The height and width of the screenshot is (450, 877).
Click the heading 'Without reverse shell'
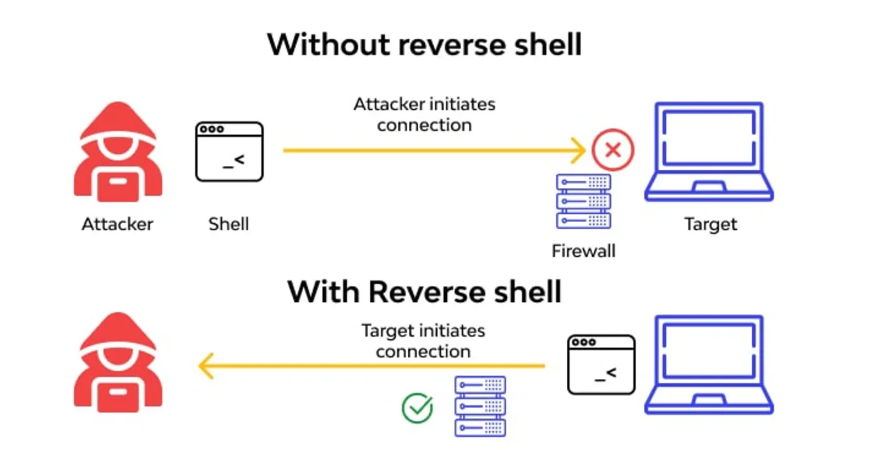(424, 45)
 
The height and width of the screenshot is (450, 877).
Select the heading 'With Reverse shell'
(424, 292)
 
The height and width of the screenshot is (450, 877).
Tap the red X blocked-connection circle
(613, 150)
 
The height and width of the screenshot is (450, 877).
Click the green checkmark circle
(417, 408)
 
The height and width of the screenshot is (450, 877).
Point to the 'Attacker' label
(118, 225)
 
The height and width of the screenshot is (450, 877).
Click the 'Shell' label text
(229, 225)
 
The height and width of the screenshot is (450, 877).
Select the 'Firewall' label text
(583, 251)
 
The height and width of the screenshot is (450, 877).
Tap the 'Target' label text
(710, 225)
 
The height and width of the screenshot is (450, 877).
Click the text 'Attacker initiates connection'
(424, 114)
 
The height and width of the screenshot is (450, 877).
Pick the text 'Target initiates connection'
(423, 341)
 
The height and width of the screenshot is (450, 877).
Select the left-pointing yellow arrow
(371, 366)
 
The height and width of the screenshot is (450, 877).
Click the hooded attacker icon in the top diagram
(118, 152)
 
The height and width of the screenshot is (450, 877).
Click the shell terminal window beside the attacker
(229, 152)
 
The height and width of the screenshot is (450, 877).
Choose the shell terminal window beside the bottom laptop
(601, 365)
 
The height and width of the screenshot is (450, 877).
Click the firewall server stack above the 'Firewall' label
(583, 201)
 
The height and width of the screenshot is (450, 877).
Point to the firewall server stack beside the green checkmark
(480, 407)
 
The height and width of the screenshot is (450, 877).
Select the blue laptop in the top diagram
(709, 152)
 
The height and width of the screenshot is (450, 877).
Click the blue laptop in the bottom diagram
(709, 365)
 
